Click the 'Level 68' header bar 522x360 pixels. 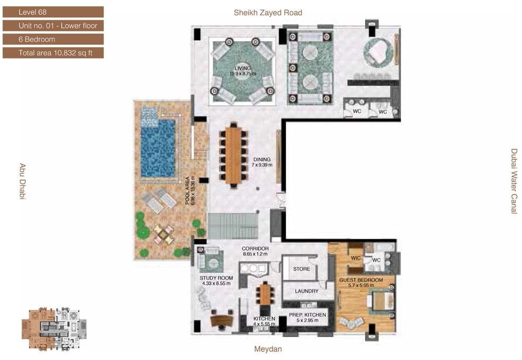click(x=53, y=12)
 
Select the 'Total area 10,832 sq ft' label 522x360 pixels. click(x=55, y=53)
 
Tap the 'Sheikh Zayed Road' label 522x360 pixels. click(x=268, y=13)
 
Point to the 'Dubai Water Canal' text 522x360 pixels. click(x=514, y=181)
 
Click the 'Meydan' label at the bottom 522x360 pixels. click(x=268, y=349)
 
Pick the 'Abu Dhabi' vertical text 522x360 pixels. click(x=22, y=182)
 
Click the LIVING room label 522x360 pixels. click(x=243, y=68)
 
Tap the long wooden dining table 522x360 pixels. click(x=233, y=155)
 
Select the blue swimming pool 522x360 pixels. click(x=158, y=148)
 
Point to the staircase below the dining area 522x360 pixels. click(x=233, y=226)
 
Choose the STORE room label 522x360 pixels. click(x=302, y=269)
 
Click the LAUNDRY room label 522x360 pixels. click(x=306, y=291)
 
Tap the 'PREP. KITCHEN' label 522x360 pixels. click(x=307, y=315)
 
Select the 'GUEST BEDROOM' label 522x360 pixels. click(x=361, y=280)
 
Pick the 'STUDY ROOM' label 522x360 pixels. click(x=217, y=278)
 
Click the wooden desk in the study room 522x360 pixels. click(x=222, y=320)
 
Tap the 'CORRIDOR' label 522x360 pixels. click(x=255, y=248)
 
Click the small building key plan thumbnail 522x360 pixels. click(x=54, y=329)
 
